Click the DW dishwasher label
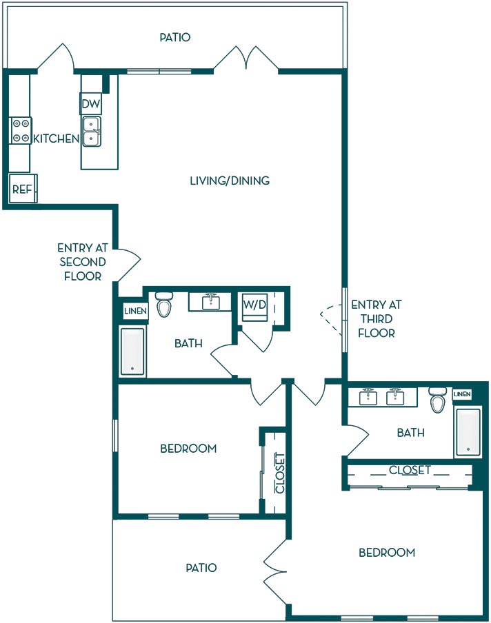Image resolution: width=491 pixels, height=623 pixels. pyautogui.click(x=91, y=104)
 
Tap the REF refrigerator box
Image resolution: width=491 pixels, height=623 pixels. pyautogui.click(x=23, y=188)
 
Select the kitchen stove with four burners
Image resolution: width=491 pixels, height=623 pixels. pyautogui.click(x=21, y=131)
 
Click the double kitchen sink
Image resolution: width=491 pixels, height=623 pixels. pyautogui.click(x=92, y=132)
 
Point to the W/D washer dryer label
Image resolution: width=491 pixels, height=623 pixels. pyautogui.click(x=255, y=305)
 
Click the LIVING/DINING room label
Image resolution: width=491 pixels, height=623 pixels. pyautogui.click(x=230, y=181)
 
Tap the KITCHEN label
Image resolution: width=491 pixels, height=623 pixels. pyautogui.click(x=56, y=139)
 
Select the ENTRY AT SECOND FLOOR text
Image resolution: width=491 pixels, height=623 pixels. pyautogui.click(x=82, y=262)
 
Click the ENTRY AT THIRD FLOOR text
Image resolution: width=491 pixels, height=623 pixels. pyautogui.click(x=376, y=318)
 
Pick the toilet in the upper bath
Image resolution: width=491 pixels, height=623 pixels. pyautogui.click(x=163, y=304)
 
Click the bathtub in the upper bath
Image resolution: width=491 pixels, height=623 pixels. pyautogui.click(x=133, y=351)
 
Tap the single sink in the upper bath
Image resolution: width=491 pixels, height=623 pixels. pyautogui.click(x=210, y=302)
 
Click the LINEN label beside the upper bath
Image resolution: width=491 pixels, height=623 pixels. pyautogui.click(x=136, y=311)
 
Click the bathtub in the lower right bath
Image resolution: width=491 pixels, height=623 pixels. pyautogui.click(x=468, y=431)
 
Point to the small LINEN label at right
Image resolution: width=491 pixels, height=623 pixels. pyautogui.click(x=462, y=394)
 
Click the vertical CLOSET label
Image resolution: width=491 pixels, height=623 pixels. pyautogui.click(x=280, y=473)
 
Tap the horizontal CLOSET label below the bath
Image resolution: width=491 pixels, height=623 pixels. pyautogui.click(x=410, y=471)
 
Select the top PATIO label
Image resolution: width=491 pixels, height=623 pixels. pyautogui.click(x=175, y=37)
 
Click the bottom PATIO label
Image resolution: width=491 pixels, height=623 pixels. pyautogui.click(x=201, y=568)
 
